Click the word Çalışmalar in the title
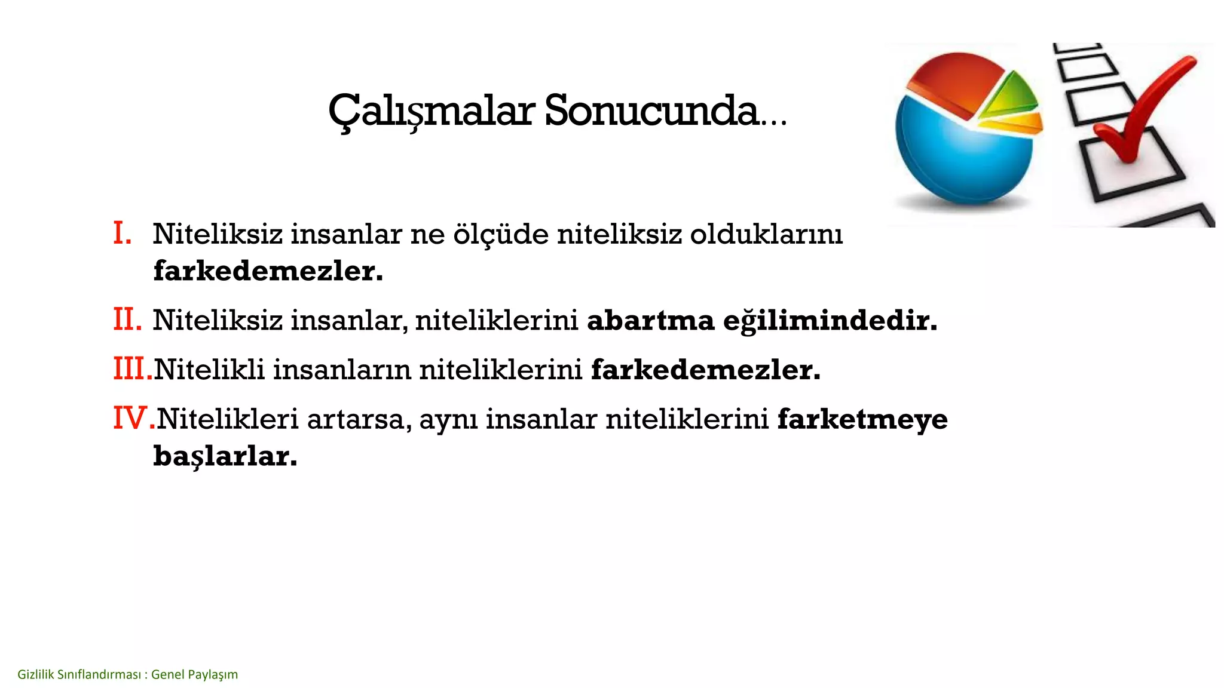tap(431, 112)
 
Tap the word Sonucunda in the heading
tap(651, 112)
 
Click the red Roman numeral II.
tap(127, 320)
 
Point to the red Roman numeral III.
tap(132, 369)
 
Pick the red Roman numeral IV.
tap(133, 418)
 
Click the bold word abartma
tap(650, 321)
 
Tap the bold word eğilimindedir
tap(830, 321)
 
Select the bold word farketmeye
tap(862, 419)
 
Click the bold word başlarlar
tap(225, 457)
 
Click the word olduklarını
tap(766, 234)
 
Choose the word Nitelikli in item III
tap(209, 370)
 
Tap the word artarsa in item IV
tap(359, 419)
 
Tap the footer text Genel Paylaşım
tap(194, 675)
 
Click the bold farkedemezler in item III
tap(705, 370)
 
